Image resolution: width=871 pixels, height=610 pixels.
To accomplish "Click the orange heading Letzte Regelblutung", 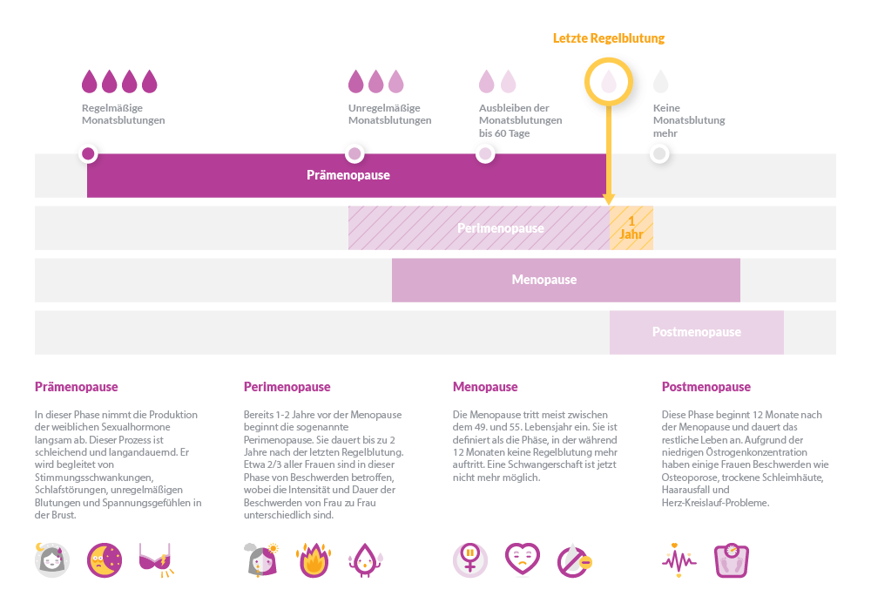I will [x=608, y=38].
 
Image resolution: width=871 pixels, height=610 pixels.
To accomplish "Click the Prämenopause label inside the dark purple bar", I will [x=348, y=175].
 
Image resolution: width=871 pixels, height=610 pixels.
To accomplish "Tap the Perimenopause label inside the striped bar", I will [x=500, y=228].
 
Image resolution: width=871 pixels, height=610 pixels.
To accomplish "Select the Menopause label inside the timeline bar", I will [x=544, y=280].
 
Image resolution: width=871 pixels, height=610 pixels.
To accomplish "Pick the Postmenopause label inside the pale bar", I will [x=696, y=332].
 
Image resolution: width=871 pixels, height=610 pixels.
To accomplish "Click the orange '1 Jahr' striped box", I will [x=631, y=228].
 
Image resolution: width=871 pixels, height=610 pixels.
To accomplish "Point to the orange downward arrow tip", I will [x=609, y=200].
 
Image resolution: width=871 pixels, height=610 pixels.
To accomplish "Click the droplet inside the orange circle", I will [x=609, y=82].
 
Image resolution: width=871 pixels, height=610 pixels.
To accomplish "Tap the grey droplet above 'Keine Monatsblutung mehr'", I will [x=661, y=82].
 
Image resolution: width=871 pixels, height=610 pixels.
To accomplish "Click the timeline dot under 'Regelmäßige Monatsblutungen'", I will [x=88, y=154].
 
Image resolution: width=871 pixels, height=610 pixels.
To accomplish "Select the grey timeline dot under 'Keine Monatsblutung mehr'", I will [x=659, y=154].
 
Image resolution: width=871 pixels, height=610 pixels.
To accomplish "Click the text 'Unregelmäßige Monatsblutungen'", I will [x=389, y=114].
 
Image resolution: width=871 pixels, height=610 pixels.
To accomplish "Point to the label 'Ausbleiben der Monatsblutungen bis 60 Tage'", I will [x=520, y=120].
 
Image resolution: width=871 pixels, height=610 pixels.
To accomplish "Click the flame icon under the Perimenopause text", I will [x=313, y=561].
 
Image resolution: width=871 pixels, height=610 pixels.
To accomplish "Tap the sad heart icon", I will [x=523, y=559].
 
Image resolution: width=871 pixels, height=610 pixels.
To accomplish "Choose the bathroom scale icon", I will [x=731, y=561].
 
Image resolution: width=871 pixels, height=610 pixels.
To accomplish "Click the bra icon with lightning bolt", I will [x=156, y=560].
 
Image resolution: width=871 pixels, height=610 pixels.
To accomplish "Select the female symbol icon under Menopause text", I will [x=470, y=560].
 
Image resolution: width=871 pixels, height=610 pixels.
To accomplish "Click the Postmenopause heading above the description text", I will [x=706, y=387].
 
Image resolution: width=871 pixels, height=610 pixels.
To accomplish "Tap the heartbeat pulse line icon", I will [x=679, y=560].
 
